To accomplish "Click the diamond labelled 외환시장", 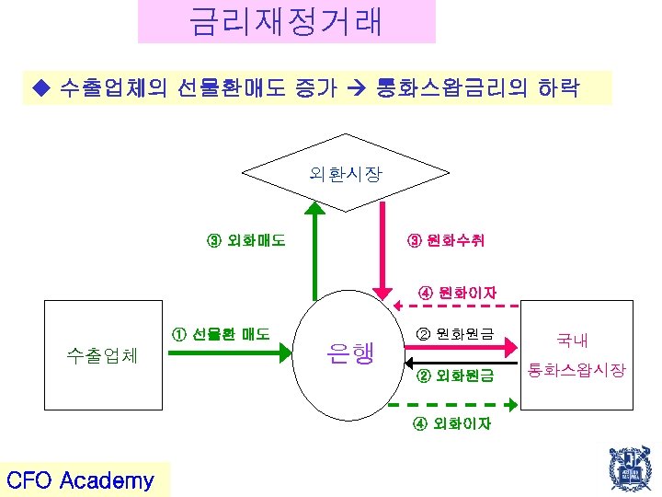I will [346, 173].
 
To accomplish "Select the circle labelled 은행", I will [350, 351].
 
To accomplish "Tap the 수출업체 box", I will [101, 355].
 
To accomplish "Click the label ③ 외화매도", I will [245, 242].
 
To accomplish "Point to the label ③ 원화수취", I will [446, 242].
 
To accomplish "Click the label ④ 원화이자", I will [457, 293].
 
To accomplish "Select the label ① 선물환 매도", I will [221, 333].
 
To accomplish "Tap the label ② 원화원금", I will [455, 332].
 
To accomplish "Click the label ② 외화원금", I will [455, 376].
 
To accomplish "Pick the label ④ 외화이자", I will [451, 423].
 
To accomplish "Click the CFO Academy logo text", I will [81, 480].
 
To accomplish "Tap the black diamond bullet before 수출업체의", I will [38, 89].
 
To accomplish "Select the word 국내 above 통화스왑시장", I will [572, 341].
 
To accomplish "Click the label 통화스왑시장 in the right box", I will [576, 370].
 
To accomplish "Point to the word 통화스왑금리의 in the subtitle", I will [445, 89].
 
